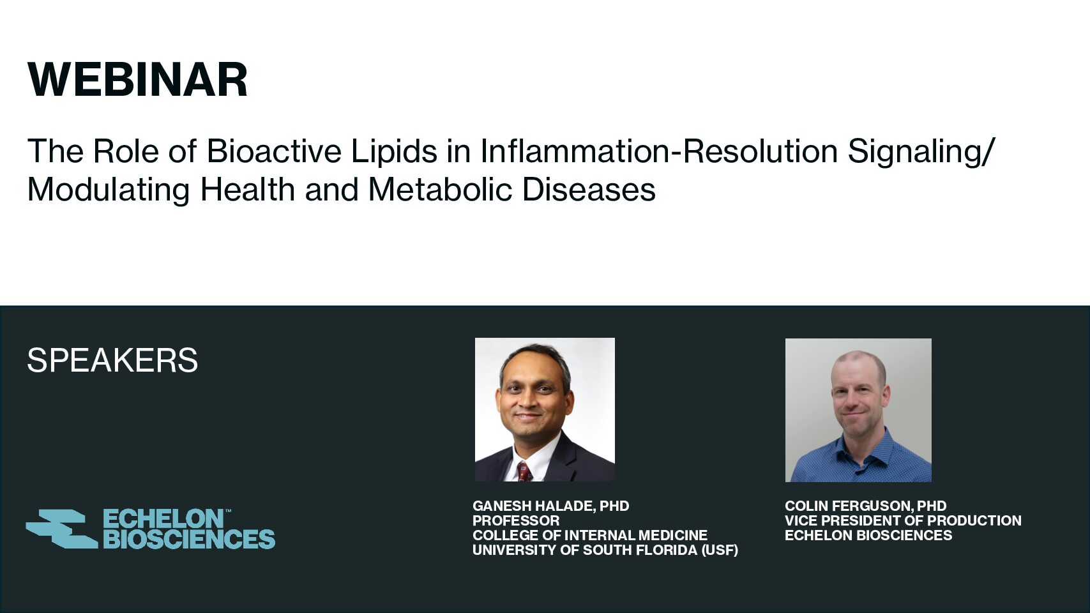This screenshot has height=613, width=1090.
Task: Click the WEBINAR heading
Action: pyautogui.click(x=138, y=79)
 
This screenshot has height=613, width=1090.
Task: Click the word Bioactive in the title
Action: pyautogui.click(x=274, y=151)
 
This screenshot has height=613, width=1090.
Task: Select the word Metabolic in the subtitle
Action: pyautogui.click(x=440, y=189)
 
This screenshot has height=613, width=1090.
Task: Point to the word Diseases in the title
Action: pyautogui.click(x=589, y=189)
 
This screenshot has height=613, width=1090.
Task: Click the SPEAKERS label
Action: pyautogui.click(x=112, y=361)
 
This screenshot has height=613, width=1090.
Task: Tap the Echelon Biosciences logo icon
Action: pyautogui.click(x=62, y=529)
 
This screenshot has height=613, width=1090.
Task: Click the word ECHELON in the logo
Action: pyautogui.click(x=163, y=519)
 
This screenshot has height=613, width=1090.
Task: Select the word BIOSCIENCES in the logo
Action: pyautogui.click(x=189, y=539)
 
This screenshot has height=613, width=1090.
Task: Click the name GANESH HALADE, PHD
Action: pyautogui.click(x=551, y=506)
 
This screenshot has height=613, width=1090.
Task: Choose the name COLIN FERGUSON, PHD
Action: pyautogui.click(x=866, y=506)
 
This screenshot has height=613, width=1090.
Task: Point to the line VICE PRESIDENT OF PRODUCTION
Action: pyautogui.click(x=903, y=520)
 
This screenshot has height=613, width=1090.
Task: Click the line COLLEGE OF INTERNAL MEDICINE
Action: pyautogui.click(x=590, y=535)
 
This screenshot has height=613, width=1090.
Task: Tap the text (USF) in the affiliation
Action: pyautogui.click(x=720, y=550)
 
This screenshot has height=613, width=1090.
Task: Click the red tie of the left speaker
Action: pyautogui.click(x=524, y=471)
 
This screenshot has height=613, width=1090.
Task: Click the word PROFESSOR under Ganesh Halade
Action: pyautogui.click(x=516, y=520)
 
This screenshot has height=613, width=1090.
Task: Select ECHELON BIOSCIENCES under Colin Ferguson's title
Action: pyautogui.click(x=868, y=535)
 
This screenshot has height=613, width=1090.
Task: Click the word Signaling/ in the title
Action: pyautogui.click(x=920, y=152)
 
